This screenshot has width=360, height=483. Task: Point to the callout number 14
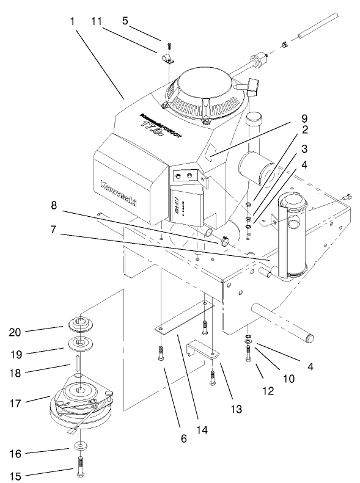[x=202, y=430]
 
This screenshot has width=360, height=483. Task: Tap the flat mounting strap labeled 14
[x=183, y=318]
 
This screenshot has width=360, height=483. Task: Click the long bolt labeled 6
[x=161, y=354]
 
